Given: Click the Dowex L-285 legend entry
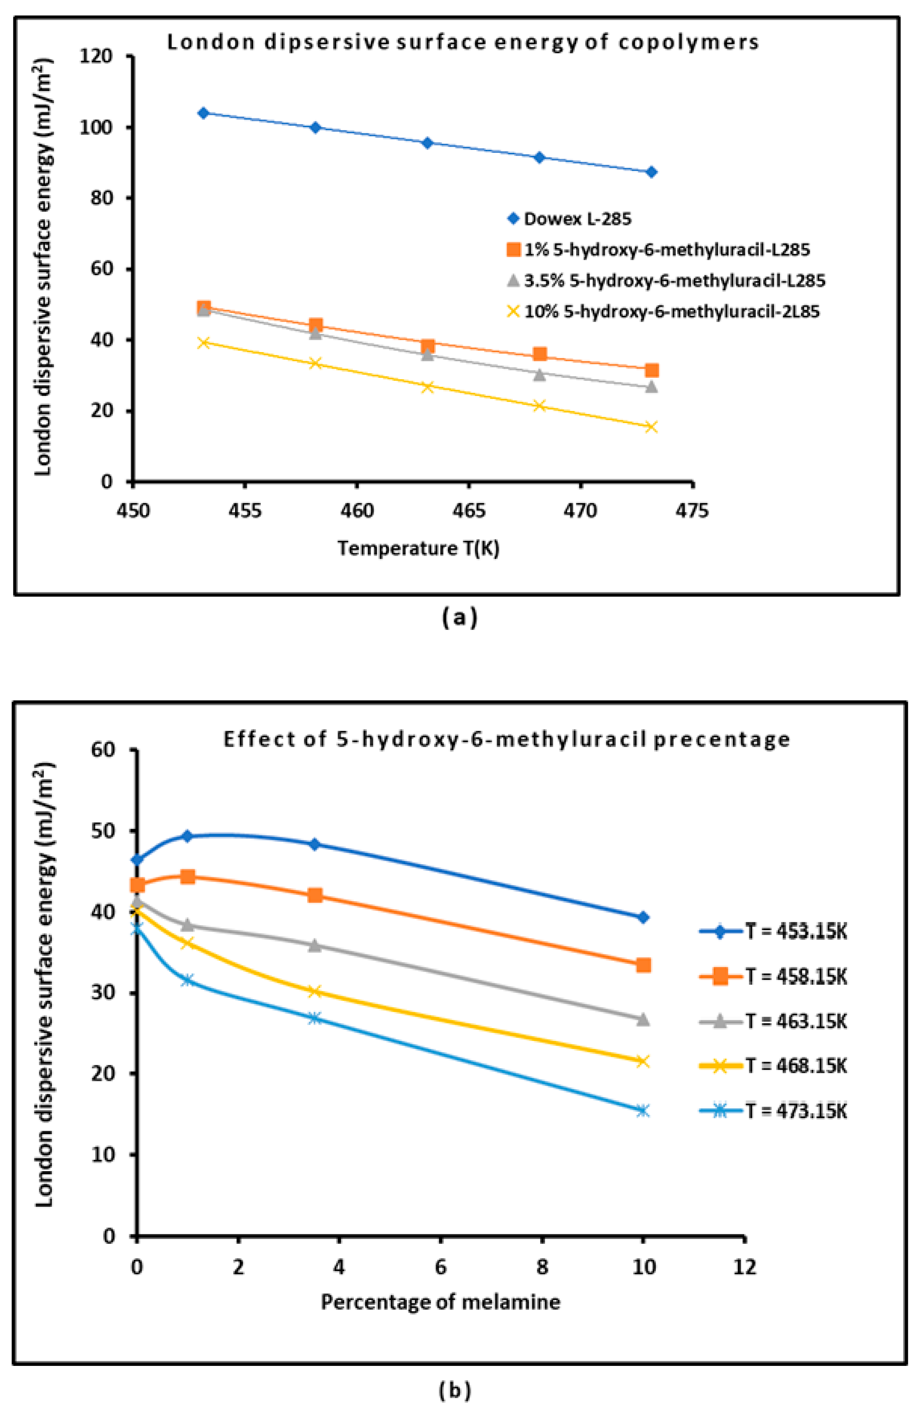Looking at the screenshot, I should point(577,219).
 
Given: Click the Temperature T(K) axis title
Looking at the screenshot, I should point(419,549).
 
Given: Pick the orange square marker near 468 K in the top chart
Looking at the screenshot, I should point(539,355).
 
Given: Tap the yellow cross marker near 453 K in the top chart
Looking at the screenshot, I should point(204,343).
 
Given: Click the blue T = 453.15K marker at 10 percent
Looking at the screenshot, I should point(643,917).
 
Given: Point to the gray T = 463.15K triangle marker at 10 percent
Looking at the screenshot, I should point(643,1020).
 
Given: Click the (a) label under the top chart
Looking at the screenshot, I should point(459,618).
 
